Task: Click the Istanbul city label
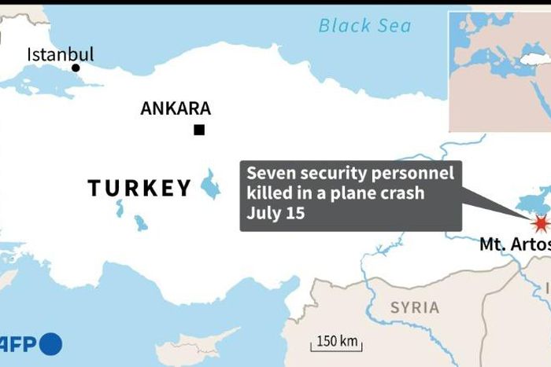(61, 54)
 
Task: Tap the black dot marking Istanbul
(76, 68)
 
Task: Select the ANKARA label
(176, 109)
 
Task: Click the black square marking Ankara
(199, 130)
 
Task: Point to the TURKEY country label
(139, 189)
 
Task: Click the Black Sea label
(364, 26)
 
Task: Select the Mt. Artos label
(515, 245)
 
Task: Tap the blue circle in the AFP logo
(50, 343)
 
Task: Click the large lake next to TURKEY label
(210, 185)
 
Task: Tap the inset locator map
(498, 71)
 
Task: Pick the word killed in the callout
(269, 194)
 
